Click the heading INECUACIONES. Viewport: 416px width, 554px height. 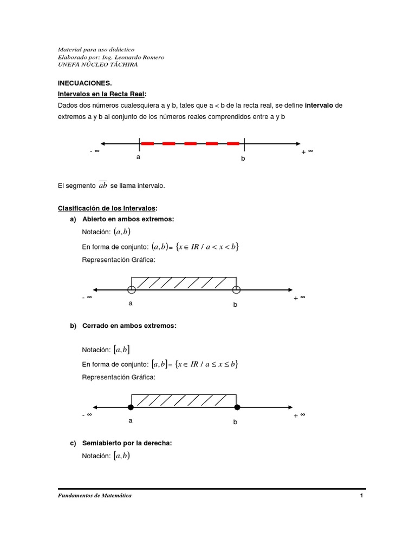84,83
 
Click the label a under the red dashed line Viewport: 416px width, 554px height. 138,157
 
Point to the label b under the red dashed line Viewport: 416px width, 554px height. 243,159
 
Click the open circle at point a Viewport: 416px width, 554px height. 131,289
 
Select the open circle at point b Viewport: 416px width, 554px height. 236,289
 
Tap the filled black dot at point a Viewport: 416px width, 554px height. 131,407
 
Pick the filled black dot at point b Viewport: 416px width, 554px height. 236,407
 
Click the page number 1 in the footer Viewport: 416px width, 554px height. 361,496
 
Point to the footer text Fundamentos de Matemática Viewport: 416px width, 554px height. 94,496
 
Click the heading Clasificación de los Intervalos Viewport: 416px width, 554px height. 107,208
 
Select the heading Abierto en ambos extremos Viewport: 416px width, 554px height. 128,219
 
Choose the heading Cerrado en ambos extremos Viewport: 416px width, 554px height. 129,326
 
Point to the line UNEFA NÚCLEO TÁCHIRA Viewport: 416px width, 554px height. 97,64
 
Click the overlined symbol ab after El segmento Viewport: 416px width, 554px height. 103,186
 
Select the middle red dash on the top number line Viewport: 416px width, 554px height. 190,144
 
